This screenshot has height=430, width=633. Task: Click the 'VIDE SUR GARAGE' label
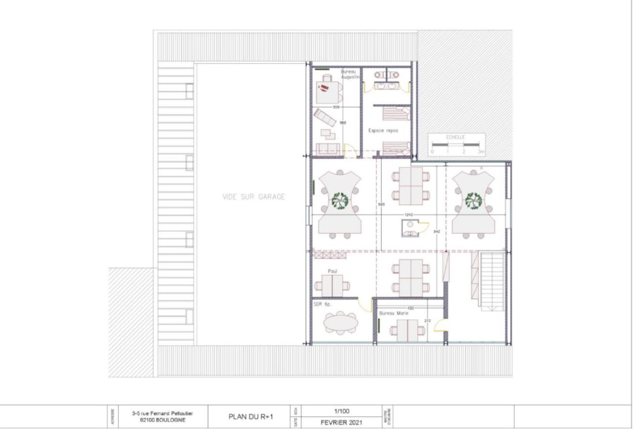click(254, 197)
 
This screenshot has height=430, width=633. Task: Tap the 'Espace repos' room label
click(383, 131)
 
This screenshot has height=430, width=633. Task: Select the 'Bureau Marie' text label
click(394, 313)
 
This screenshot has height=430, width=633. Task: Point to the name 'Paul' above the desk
click(332, 271)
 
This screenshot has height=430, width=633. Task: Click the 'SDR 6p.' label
click(322, 304)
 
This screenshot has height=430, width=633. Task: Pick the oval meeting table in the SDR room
click(341, 323)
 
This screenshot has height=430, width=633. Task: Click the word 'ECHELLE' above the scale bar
click(455, 138)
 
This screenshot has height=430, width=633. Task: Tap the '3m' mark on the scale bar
click(481, 151)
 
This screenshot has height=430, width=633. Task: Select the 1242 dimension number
click(408, 215)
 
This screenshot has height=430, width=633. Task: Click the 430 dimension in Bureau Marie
click(410, 308)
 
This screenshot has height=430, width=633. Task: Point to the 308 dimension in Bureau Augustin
click(336, 107)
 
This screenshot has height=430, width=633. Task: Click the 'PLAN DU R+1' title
click(251, 417)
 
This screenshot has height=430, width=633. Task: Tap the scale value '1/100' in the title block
click(340, 410)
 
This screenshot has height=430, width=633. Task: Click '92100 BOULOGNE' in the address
click(163, 421)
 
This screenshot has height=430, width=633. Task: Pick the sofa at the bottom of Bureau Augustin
click(328, 148)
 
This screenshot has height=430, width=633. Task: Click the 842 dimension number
click(437, 232)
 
